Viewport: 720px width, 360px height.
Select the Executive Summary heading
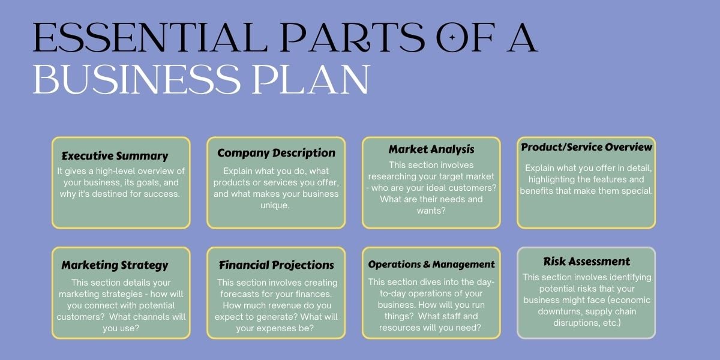115,156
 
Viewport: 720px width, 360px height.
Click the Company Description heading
276,153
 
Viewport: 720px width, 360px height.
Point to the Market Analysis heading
431,149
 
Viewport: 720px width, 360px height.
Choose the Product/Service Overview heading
586,147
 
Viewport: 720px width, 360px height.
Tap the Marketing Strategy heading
115,265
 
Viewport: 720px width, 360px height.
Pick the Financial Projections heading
276,265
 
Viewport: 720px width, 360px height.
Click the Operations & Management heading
431,264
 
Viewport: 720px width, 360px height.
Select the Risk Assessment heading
586,261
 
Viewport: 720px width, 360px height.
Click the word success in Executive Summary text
167,194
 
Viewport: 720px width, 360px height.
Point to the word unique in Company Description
276,205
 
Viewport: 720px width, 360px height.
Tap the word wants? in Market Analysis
431,211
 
